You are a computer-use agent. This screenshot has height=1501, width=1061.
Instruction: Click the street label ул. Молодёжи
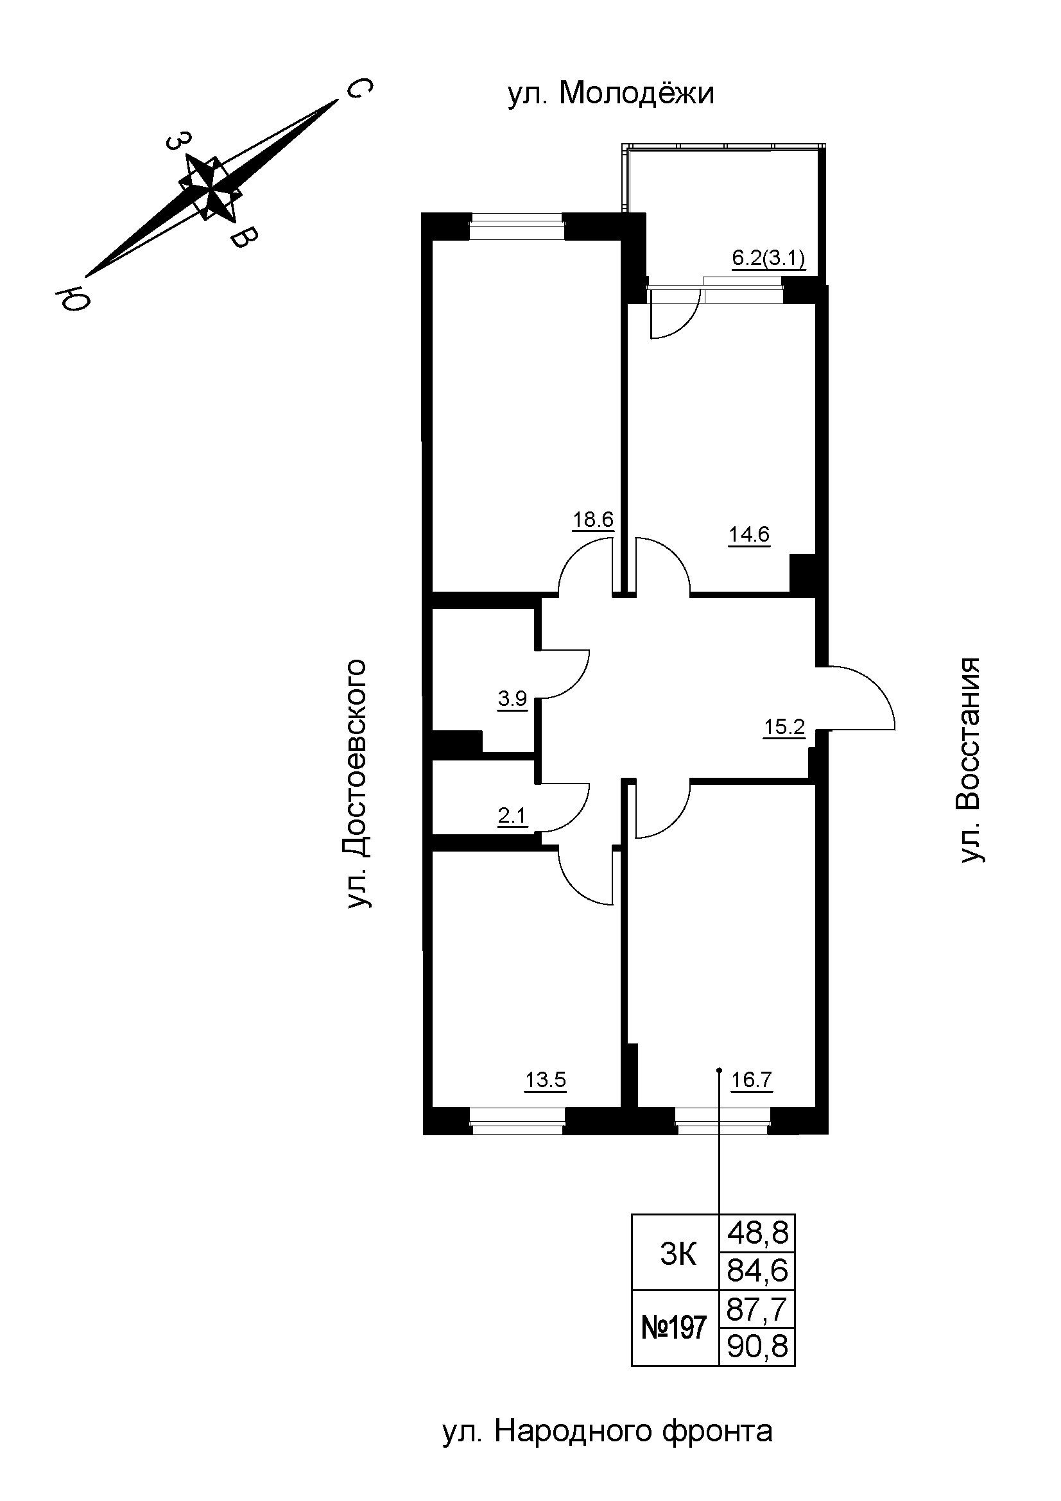(x=610, y=94)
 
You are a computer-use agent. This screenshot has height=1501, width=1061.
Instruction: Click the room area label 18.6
(x=593, y=520)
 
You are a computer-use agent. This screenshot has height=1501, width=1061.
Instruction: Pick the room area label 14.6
(x=749, y=535)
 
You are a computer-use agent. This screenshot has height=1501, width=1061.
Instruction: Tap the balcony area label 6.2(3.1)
(x=768, y=258)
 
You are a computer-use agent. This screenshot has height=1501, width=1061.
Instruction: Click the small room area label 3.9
(x=512, y=699)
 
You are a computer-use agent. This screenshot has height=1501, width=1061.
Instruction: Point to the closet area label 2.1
(x=512, y=816)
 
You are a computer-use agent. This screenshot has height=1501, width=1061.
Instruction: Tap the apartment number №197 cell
(x=675, y=1327)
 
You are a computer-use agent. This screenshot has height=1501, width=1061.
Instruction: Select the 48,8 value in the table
(x=757, y=1233)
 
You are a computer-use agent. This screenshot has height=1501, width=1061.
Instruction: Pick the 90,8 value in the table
(x=757, y=1346)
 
